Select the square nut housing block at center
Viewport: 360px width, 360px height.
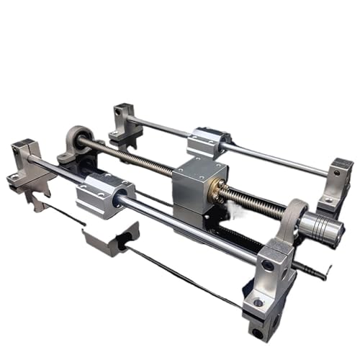[x=199, y=181]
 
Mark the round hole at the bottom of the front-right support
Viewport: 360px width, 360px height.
[x=258, y=333]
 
